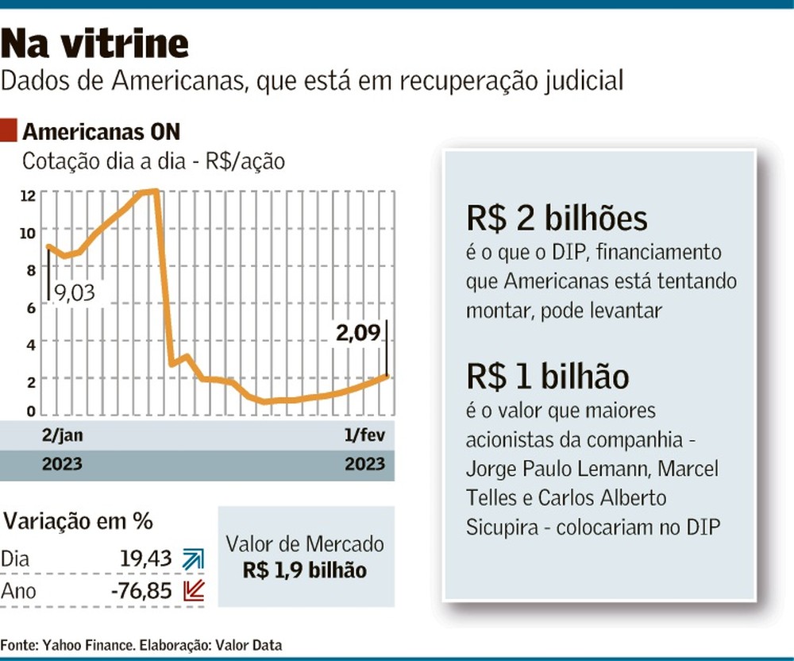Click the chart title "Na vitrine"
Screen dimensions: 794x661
[x=94, y=43]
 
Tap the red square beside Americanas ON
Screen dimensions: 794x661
[x=9, y=130]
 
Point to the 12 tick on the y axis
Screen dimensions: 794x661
[x=28, y=195]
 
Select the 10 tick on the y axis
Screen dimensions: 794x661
[x=28, y=233]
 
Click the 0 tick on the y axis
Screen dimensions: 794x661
[x=32, y=411]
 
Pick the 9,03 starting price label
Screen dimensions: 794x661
[x=75, y=293]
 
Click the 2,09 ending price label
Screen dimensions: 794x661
[x=358, y=333]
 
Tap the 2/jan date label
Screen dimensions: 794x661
[x=62, y=435]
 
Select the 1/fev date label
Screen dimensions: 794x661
[x=364, y=435]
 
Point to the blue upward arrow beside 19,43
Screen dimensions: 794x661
[x=194, y=559]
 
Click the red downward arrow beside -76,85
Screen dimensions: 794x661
[x=194, y=590]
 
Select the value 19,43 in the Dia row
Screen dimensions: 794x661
[x=146, y=559]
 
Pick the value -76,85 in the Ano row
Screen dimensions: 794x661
[x=142, y=590]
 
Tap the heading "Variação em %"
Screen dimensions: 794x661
[x=78, y=520]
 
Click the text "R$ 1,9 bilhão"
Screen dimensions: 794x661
[x=305, y=570]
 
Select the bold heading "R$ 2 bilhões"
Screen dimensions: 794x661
[x=557, y=218]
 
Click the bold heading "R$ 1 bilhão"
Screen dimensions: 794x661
[x=547, y=377]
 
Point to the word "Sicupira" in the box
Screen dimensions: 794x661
[x=502, y=528]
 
